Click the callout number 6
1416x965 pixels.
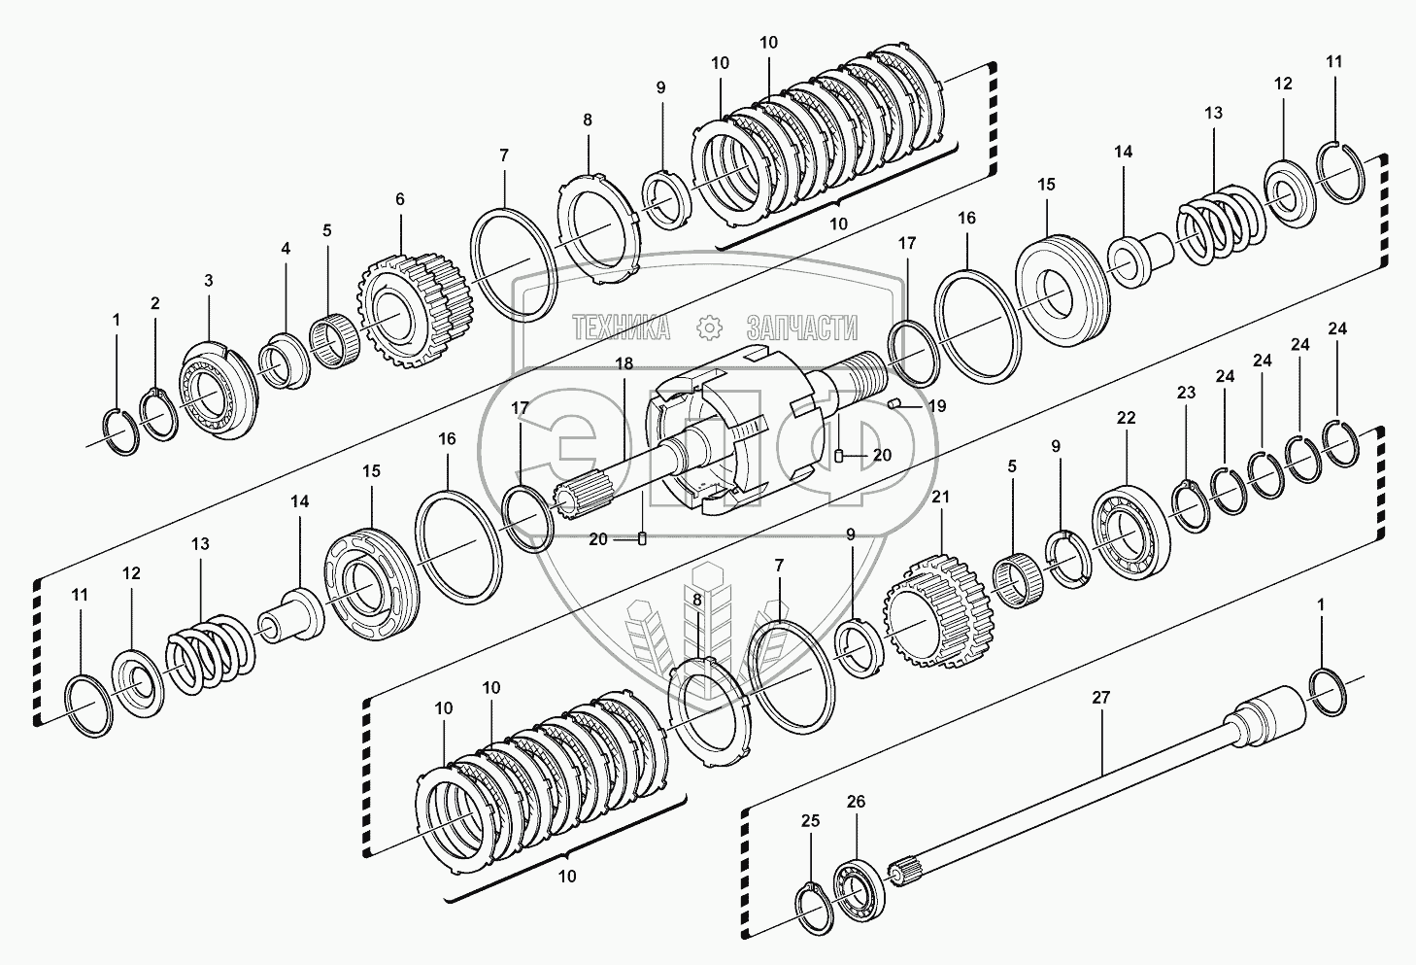tap(399, 199)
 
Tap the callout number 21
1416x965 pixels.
tap(941, 498)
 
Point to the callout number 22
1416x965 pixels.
tap(1126, 418)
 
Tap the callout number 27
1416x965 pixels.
tap(1100, 698)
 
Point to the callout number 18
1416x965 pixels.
tap(624, 362)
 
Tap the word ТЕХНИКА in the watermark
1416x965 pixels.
tap(621, 328)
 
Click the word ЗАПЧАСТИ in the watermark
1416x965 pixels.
tap(802, 328)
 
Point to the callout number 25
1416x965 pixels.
tap(811, 821)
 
